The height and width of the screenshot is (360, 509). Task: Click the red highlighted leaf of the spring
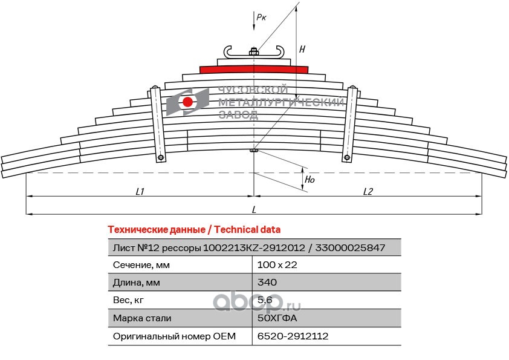click(254, 69)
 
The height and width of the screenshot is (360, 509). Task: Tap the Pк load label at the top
click(261, 18)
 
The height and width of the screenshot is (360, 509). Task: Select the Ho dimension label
click(309, 180)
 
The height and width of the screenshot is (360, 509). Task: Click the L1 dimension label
click(140, 192)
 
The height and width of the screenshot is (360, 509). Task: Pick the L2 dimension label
click(368, 192)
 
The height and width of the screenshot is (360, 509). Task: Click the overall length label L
click(254, 209)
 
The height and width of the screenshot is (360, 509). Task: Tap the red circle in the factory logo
click(187, 102)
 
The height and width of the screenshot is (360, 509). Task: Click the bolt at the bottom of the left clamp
click(161, 159)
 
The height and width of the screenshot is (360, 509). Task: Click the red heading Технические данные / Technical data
click(193, 230)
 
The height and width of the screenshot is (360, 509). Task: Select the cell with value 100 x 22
click(277, 265)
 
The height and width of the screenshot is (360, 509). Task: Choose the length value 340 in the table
click(267, 283)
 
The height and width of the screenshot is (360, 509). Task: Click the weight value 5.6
click(265, 300)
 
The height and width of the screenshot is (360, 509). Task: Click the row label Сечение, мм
click(142, 265)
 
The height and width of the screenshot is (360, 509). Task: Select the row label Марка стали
click(142, 318)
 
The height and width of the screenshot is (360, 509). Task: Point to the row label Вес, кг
click(128, 300)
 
